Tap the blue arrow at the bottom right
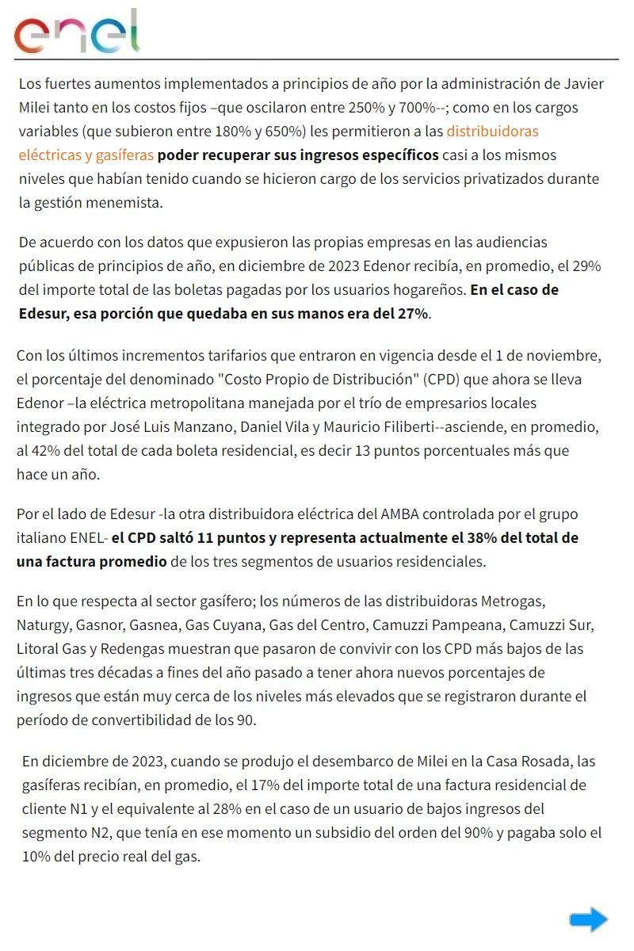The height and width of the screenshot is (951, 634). [588, 919]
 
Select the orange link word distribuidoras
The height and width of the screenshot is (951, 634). [492, 131]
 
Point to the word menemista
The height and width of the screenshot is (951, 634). [128, 202]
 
